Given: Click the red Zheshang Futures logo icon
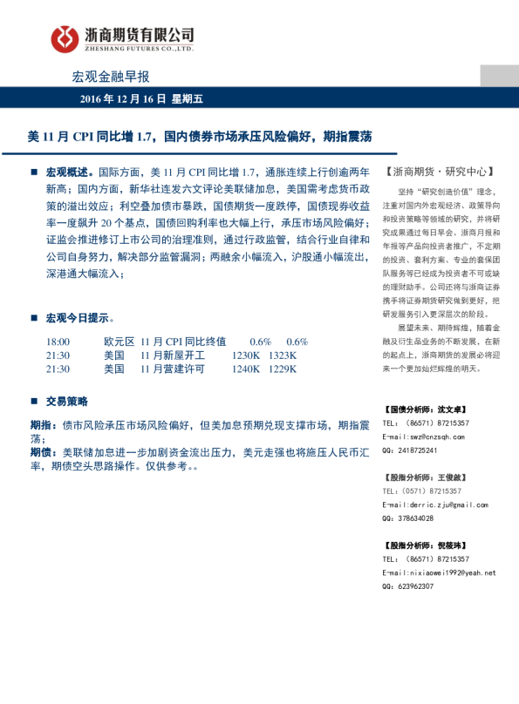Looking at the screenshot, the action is [64, 37].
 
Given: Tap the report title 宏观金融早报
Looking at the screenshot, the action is [111, 77].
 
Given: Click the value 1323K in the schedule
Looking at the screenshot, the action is [283, 355].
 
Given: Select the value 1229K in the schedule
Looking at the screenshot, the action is [283, 369].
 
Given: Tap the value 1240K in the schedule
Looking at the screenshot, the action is [247, 369].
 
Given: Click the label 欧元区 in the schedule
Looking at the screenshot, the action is [118, 342].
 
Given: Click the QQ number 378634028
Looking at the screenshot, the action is [414, 518].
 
